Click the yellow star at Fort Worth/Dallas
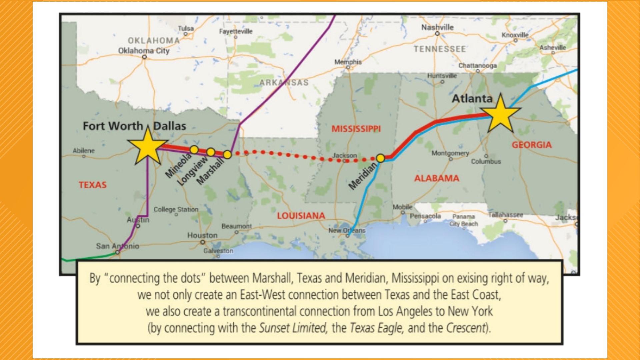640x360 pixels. tap(148, 147)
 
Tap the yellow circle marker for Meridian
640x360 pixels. tap(380, 158)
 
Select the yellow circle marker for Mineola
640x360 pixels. tap(194, 149)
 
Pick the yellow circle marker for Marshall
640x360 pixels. tap(227, 155)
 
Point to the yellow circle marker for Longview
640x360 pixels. tap(211, 152)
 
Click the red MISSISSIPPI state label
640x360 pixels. tap(356, 129)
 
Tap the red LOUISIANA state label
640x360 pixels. tap(301, 216)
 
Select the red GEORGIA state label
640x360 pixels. tap(531, 145)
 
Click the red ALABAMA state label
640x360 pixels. tap(436, 178)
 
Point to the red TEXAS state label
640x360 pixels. tap(93, 185)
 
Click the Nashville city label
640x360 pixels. tap(437, 27)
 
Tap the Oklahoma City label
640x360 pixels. tap(144, 51)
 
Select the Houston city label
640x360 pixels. tap(202, 235)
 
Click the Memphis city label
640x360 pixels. tap(348, 62)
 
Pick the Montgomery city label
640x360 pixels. tap(450, 153)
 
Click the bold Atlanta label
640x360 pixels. tap(472, 98)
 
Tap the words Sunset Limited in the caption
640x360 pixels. tap(293, 328)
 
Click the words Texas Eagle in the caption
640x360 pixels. tap(376, 328)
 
